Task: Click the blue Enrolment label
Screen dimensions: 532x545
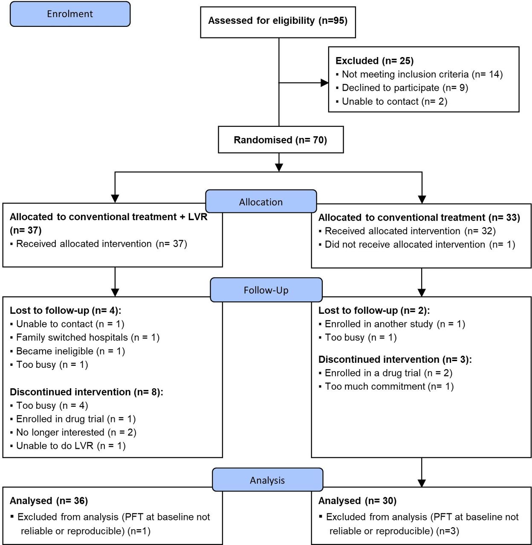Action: pyautogui.click(x=70, y=14)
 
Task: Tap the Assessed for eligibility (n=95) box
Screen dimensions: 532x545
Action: pyautogui.click(x=278, y=23)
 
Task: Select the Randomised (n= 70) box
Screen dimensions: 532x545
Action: pyautogui.click(x=281, y=140)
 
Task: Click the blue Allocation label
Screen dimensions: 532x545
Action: pyautogui.click(x=261, y=201)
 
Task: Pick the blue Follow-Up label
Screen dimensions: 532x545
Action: pyautogui.click(x=266, y=290)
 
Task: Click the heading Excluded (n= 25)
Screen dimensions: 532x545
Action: pyautogui.click(x=374, y=60)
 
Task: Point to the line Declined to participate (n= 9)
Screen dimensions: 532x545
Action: pyautogui.click(x=402, y=88)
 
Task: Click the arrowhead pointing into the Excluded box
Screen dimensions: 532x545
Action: pyautogui.click(x=324, y=83)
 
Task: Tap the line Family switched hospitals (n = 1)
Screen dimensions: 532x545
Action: pyautogui.click(x=85, y=337)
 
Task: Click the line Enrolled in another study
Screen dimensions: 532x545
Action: pyautogui.click(x=392, y=324)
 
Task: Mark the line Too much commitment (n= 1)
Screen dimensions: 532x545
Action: pyautogui.click(x=386, y=386)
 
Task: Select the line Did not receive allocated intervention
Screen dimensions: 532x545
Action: pyautogui.click(x=417, y=244)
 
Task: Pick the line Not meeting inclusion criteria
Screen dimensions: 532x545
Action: pyautogui.click(x=419, y=74)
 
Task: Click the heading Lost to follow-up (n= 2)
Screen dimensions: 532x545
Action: pyautogui.click(x=374, y=310)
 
